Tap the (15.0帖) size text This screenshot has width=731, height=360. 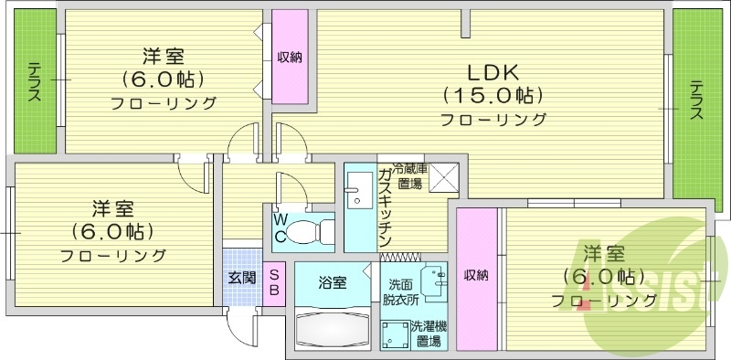tap(493, 95)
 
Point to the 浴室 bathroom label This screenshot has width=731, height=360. tap(332, 282)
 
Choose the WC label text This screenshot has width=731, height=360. tap(281, 228)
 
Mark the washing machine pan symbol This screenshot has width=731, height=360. tap(395, 334)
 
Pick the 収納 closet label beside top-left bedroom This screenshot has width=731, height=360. tap(291, 58)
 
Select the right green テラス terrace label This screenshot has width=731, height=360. tap(696, 100)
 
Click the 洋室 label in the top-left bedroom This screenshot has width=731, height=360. tap(164, 56)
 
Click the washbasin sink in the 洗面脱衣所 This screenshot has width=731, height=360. tap(431, 278)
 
